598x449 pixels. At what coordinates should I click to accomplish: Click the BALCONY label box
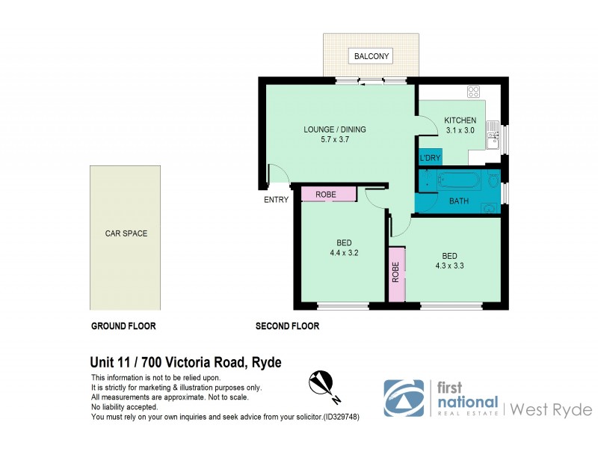pyautogui.click(x=371, y=56)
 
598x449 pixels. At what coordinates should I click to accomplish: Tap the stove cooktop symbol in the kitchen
pyautogui.click(x=473, y=92)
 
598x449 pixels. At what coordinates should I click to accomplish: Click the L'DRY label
pyautogui.click(x=430, y=158)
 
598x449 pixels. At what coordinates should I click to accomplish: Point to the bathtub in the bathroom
pyautogui.click(x=457, y=180)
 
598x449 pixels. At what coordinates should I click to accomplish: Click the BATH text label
pyautogui.click(x=459, y=201)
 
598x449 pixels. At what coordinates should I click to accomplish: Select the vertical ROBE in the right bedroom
pyautogui.click(x=396, y=274)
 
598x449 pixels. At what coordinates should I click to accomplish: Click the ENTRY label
pyautogui.click(x=275, y=200)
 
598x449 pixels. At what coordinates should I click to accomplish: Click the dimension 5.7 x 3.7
pyautogui.click(x=334, y=139)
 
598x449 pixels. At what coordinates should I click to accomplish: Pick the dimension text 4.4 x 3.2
pyautogui.click(x=344, y=253)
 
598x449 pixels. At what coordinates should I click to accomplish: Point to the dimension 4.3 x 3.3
pyautogui.click(x=450, y=264)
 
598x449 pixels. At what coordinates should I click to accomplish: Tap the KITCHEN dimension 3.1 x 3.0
pyautogui.click(x=460, y=130)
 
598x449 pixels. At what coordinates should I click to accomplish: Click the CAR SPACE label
pyautogui.click(x=126, y=233)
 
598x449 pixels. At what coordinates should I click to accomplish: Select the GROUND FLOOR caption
pyautogui.click(x=123, y=326)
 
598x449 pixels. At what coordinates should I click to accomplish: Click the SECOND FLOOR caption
pyautogui.click(x=287, y=326)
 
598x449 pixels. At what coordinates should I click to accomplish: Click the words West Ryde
pyautogui.click(x=552, y=409)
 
